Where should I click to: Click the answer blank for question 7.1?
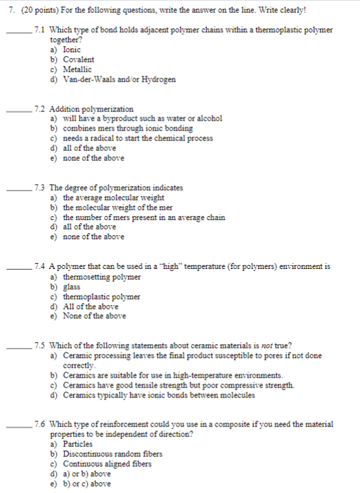click(x=20, y=34)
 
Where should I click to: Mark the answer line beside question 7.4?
click(x=20, y=270)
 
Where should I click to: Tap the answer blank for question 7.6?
click(x=20, y=427)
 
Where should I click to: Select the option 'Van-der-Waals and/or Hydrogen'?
click(x=119, y=79)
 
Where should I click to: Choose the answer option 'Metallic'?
click(x=77, y=69)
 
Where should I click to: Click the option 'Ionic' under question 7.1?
click(x=72, y=49)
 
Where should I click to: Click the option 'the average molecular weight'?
click(x=113, y=198)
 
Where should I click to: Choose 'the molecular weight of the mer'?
click(x=118, y=208)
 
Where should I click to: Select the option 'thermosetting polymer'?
click(x=102, y=277)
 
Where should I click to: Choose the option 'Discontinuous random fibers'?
click(x=112, y=454)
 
